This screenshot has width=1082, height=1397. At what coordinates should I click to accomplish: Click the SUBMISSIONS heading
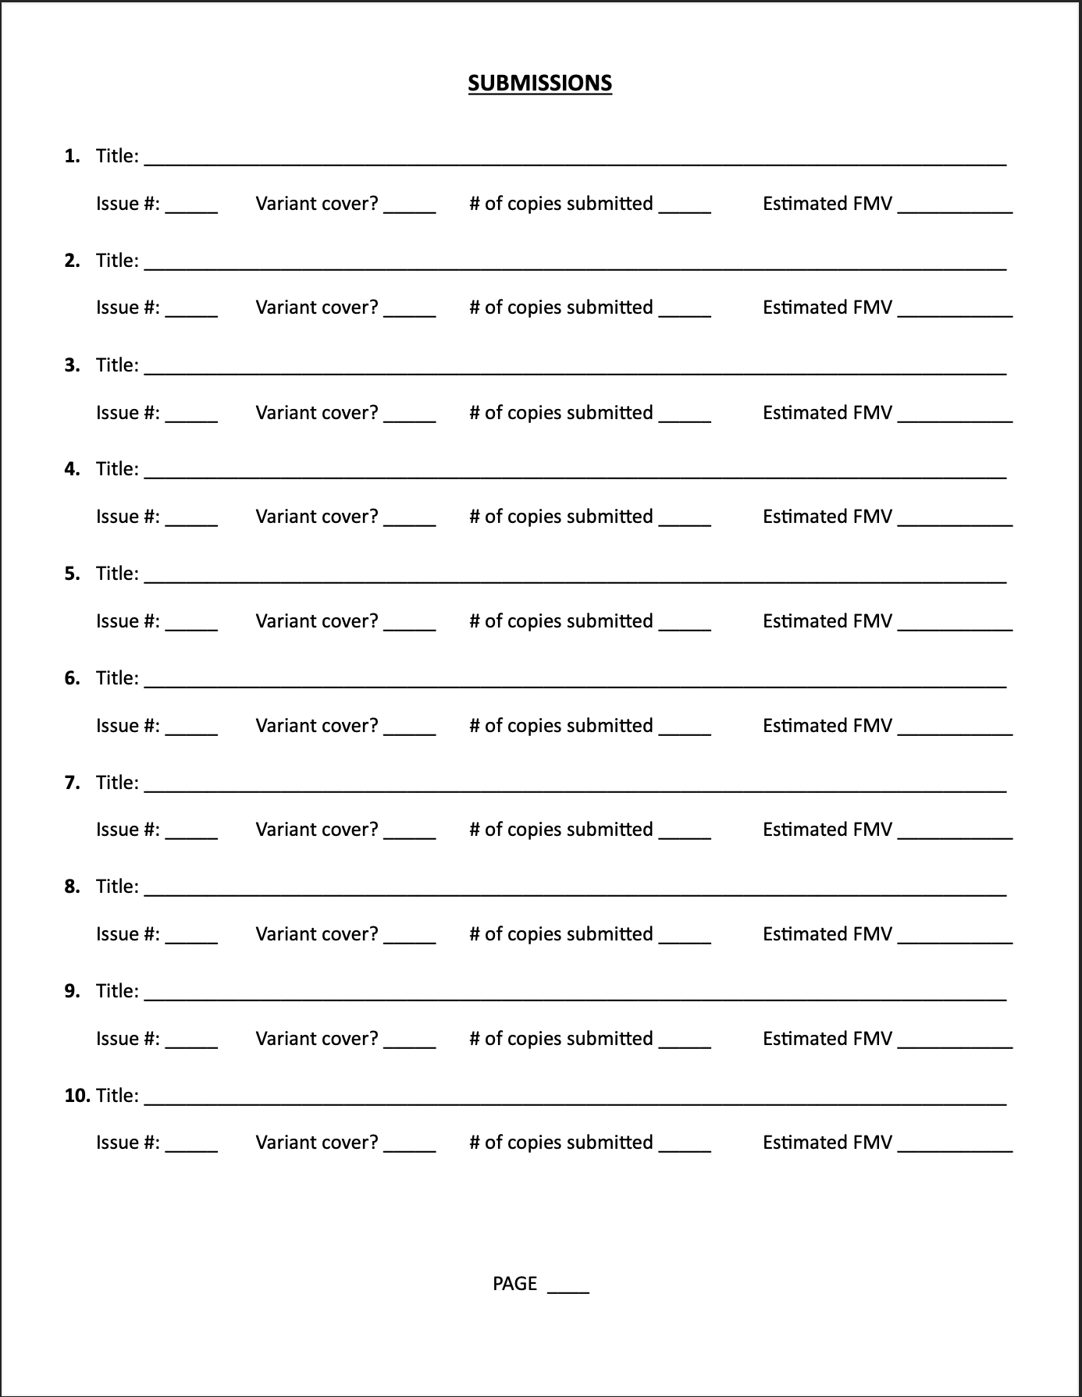coord(539,84)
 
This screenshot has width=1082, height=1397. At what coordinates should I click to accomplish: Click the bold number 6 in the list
coord(72,678)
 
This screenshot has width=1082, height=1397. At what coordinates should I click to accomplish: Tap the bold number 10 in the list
coord(77,1096)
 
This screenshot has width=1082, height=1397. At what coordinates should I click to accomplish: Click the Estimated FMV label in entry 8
coord(827,934)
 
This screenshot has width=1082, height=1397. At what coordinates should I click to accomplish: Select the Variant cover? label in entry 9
coord(316,1039)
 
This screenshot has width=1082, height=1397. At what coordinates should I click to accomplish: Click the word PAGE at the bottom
coord(514,1284)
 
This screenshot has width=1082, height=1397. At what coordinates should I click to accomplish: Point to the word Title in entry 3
coord(116,365)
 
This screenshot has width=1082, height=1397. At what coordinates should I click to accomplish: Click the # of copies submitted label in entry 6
coord(561,726)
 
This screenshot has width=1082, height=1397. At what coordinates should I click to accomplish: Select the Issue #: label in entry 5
coord(128,621)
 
